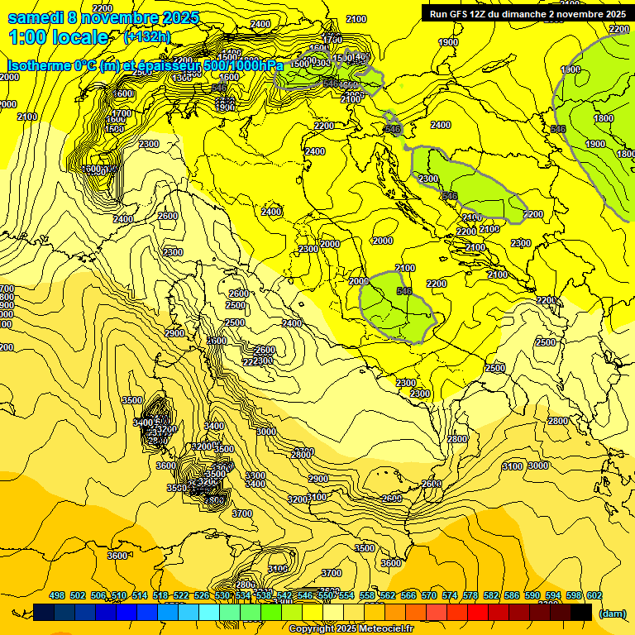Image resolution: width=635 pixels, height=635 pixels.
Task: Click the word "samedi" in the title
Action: (36, 17)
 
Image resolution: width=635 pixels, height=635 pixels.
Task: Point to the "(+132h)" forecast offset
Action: (146, 37)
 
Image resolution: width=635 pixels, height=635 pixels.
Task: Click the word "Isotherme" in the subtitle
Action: (39, 65)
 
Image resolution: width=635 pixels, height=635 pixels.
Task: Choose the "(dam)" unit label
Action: (611, 613)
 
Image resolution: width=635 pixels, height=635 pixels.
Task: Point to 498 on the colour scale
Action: (57, 596)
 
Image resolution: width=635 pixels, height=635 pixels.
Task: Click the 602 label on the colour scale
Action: (594, 596)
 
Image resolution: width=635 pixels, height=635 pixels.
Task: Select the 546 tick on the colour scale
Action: (305, 596)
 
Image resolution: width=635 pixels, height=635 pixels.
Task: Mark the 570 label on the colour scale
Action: (429, 596)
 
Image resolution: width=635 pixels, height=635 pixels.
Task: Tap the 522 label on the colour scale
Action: (181, 596)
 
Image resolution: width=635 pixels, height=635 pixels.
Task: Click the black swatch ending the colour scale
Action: (581, 612)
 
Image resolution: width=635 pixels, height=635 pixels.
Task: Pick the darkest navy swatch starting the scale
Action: (44, 612)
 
